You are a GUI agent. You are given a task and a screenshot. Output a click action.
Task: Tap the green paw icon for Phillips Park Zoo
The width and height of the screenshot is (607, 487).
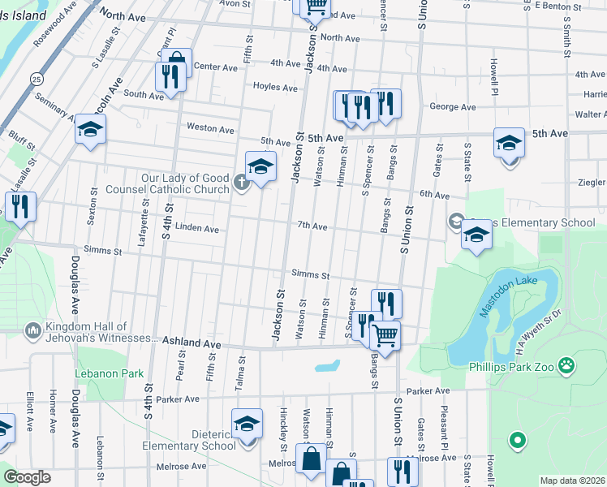pyautogui.click(x=566, y=367)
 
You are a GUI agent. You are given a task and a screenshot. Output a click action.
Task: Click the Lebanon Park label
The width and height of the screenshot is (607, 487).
pyautogui.click(x=109, y=374)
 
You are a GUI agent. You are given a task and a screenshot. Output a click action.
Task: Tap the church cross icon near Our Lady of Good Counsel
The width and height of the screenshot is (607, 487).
pyautogui.click(x=241, y=183)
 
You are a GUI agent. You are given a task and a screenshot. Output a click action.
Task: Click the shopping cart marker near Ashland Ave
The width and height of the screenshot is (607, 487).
pyautogui.click(x=385, y=334)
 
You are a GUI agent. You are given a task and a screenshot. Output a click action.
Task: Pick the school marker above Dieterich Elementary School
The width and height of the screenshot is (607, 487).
pyautogui.click(x=247, y=424)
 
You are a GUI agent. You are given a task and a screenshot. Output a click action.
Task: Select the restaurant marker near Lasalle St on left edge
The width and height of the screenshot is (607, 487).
pyautogui.click(x=19, y=207)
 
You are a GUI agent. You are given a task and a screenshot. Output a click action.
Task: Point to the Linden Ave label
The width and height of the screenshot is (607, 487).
pyautogui.click(x=197, y=229)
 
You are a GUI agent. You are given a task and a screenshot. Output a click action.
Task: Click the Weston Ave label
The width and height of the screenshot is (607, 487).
pyautogui.click(x=210, y=128)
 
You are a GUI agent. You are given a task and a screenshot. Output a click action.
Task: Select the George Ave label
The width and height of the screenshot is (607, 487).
pyautogui.click(x=452, y=107)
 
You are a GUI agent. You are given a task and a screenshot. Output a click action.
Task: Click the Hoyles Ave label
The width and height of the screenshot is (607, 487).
pyautogui.click(x=275, y=87)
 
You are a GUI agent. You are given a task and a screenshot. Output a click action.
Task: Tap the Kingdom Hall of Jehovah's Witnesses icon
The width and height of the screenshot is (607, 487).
pyautogui.click(x=32, y=331)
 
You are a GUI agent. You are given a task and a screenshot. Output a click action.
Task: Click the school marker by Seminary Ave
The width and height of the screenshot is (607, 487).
pyautogui.click(x=90, y=128)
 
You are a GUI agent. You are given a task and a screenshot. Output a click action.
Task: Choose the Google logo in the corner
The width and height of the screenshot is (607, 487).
pyautogui.click(x=27, y=477)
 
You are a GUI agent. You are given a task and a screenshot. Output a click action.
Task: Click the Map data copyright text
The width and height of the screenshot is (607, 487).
pyautogui.click(x=572, y=481)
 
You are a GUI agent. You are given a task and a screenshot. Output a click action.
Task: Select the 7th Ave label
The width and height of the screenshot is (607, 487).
pyautogui.click(x=312, y=226)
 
